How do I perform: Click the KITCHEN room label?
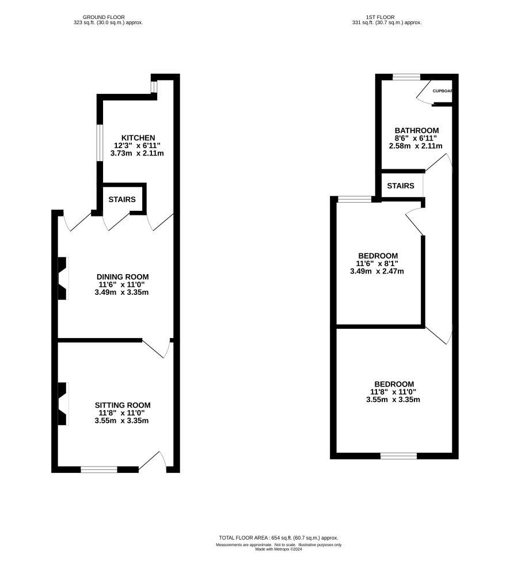pos(138,138)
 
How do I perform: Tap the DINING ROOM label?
pos(122,277)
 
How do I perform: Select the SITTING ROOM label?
pos(123,405)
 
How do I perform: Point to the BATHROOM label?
pos(417,131)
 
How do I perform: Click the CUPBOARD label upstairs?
pos(443,91)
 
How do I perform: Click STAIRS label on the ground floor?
pos(122,200)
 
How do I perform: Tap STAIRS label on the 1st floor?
pos(401,186)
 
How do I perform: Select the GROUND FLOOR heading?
pos(104,17)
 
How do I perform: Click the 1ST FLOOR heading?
pos(380,17)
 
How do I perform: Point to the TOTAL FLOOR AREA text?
pos(278,538)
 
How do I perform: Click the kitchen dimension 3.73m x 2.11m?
pos(137,153)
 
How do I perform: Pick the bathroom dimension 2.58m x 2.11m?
pos(416,146)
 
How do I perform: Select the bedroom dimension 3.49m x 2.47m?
pos(377,271)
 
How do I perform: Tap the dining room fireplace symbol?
pos(63,278)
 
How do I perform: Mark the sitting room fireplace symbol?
pos(63,404)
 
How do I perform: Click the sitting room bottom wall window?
pos(99,469)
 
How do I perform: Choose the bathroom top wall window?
pos(406,77)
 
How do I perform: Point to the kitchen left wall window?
pos(100,143)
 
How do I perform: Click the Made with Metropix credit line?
pos(279,549)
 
